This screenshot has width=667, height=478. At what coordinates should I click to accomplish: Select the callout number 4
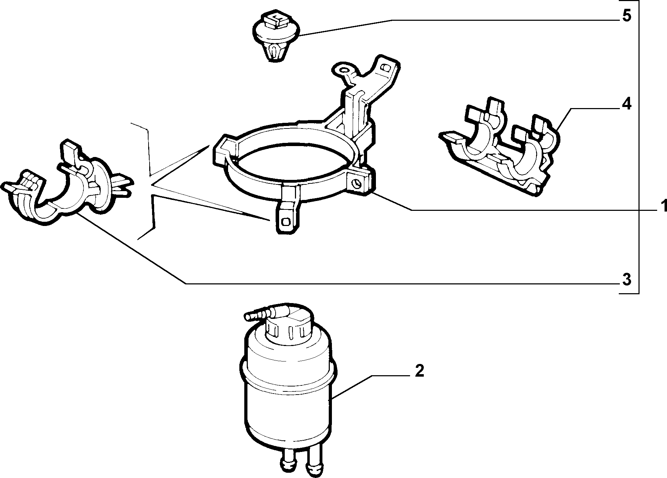[627, 105]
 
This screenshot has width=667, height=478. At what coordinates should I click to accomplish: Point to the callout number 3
[626, 280]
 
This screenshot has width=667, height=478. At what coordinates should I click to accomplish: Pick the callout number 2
[419, 371]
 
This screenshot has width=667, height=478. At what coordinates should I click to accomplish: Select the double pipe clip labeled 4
[500, 148]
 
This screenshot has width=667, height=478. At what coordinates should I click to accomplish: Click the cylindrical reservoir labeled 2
[287, 388]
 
